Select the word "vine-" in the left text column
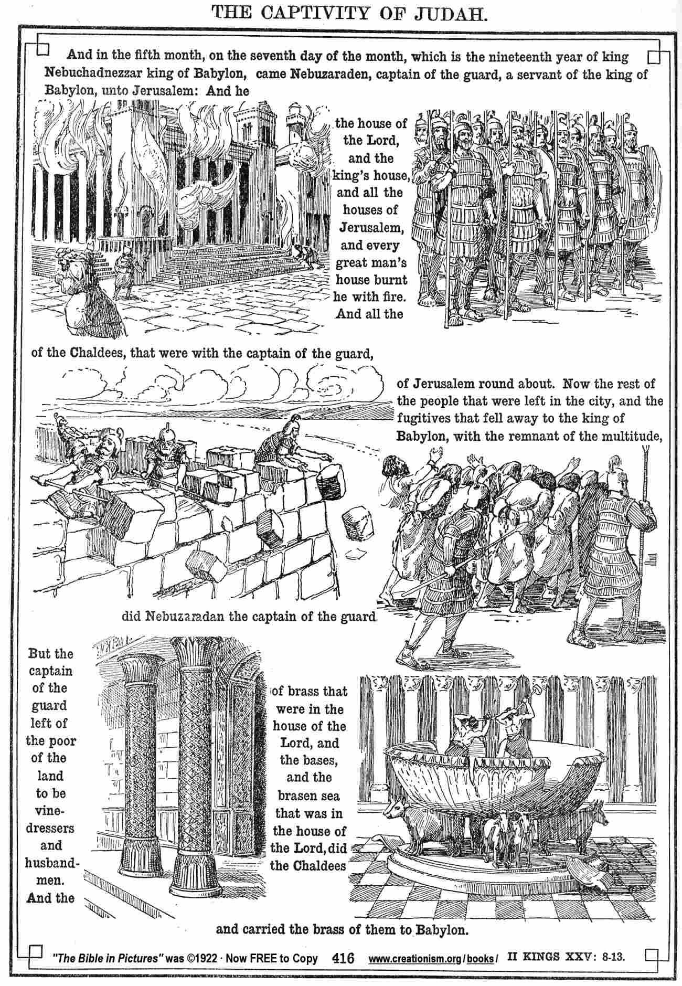50,810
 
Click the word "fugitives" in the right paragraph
423,418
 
